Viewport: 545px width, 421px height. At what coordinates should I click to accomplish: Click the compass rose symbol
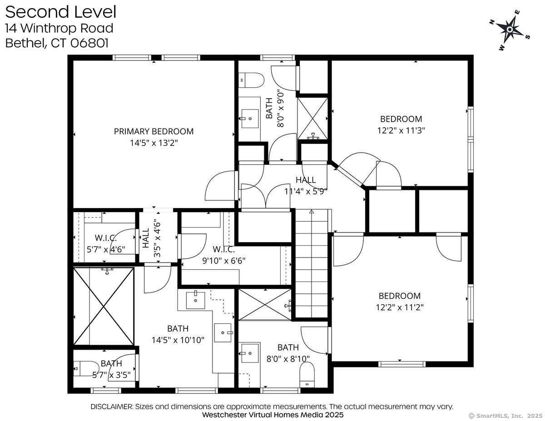point(510,30)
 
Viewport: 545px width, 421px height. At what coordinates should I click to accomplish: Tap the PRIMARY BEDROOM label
point(154,131)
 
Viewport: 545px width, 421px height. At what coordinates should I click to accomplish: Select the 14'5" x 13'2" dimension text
point(154,143)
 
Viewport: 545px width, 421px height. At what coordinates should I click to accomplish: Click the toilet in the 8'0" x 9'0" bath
point(252,80)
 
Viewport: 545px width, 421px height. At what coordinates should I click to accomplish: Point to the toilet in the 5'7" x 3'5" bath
point(86,368)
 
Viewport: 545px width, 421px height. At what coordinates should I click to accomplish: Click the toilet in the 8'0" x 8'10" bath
point(307,376)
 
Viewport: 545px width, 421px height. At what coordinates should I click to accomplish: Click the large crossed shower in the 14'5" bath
point(104,306)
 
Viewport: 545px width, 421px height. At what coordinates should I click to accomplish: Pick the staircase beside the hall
point(312,263)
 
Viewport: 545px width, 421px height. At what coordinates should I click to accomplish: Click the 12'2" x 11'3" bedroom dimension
point(401,130)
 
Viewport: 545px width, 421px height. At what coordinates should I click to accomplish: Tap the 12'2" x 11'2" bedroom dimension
point(400,307)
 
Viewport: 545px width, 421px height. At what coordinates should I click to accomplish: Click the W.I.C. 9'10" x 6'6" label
point(223,255)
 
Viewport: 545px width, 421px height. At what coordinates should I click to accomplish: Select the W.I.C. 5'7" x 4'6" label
point(106,243)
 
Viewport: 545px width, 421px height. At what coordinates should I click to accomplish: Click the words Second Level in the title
point(60,12)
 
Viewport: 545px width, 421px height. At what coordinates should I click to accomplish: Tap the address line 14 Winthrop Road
point(59,28)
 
